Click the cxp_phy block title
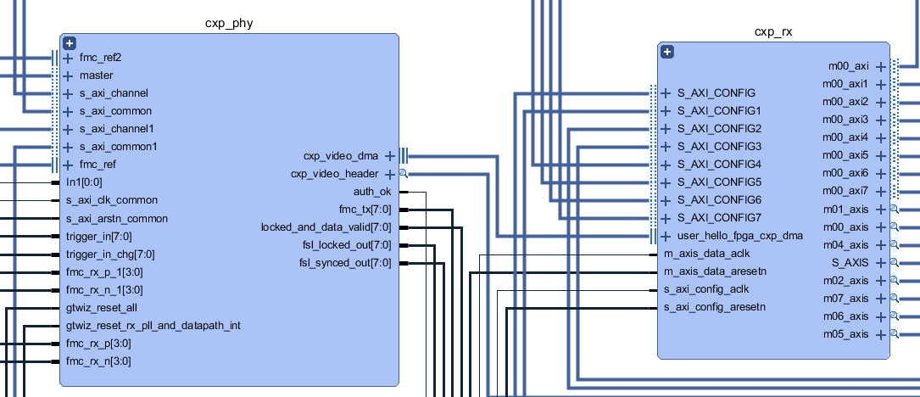(229, 23)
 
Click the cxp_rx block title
(773, 32)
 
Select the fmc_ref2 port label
(100, 58)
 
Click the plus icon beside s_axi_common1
(68, 147)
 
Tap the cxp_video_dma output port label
(341, 156)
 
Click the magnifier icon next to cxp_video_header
(404, 174)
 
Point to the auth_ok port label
(374, 192)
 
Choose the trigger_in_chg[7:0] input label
(110, 254)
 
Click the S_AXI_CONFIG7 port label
(719, 218)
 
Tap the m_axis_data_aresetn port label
(715, 271)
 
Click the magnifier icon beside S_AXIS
(894, 263)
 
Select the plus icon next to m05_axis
(881, 334)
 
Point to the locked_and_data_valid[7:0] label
(326, 227)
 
